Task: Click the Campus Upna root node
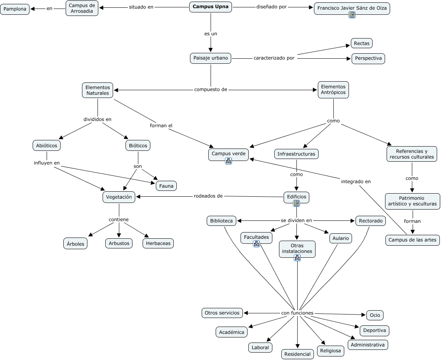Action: [211, 7]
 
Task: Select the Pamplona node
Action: [15, 9]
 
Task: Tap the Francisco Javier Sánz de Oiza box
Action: [352, 9]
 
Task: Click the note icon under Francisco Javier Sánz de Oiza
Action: [352, 15]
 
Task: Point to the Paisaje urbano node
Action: [211, 58]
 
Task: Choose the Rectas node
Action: [362, 43]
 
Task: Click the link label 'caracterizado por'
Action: [274, 58]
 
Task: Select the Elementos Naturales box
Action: [98, 90]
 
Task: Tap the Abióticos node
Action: [47, 145]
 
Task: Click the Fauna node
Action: [166, 186]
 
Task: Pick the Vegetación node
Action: [119, 197]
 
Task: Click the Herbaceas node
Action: [158, 243]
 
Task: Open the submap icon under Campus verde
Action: [228, 161]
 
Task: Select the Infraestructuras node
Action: [296, 154]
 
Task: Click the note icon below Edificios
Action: [296, 203]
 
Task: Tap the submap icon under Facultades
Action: [256, 244]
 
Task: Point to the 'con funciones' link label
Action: [297, 313]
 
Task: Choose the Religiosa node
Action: [331, 351]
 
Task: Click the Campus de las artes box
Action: [412, 240]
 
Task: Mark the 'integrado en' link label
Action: [356, 182]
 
